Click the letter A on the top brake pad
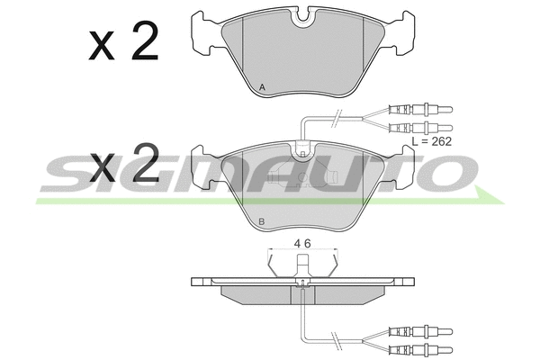point(261,87)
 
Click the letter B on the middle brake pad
point(261,221)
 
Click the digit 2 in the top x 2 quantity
point(144,42)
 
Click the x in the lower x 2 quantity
point(103,166)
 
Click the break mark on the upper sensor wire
point(336,117)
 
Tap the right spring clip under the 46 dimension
point(334,265)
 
